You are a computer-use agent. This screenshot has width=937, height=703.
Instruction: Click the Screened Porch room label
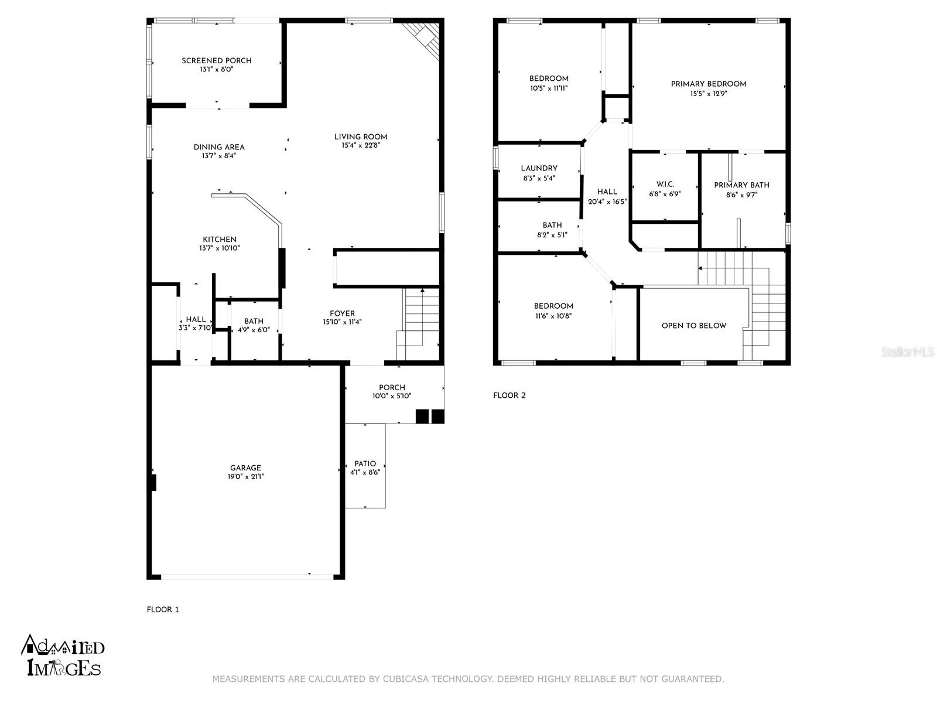tap(217, 60)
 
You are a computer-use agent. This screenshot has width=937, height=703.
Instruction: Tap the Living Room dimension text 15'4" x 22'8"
tap(361, 145)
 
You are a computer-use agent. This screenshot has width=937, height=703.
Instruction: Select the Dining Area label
tap(219, 147)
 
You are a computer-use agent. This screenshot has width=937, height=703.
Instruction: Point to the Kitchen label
tap(220, 240)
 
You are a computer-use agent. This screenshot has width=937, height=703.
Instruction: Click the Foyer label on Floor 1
tap(343, 314)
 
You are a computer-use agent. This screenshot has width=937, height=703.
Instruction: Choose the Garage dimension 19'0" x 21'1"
tap(245, 477)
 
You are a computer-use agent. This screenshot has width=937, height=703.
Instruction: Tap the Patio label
tap(365, 463)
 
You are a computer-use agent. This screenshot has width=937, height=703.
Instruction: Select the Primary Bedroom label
tap(709, 84)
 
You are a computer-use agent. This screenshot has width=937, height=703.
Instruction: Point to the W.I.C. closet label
tap(665, 185)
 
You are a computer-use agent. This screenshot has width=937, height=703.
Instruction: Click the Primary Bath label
tap(742, 185)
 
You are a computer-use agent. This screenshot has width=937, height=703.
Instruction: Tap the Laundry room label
tap(539, 169)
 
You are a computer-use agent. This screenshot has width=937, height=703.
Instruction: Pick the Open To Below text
tap(694, 326)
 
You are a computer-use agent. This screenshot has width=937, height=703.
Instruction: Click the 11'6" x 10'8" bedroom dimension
tap(553, 316)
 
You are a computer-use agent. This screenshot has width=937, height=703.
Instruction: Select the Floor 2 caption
tap(509, 395)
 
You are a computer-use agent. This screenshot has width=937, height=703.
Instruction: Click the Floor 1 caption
tap(163, 609)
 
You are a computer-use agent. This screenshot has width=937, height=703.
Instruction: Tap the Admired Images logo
tap(63, 656)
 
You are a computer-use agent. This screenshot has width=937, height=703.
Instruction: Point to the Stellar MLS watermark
tap(907, 351)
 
